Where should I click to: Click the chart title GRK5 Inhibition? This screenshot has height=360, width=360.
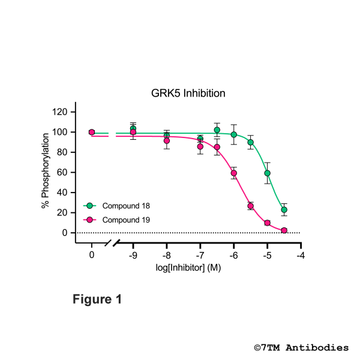(187, 94)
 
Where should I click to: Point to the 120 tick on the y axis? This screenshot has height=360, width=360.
(61, 112)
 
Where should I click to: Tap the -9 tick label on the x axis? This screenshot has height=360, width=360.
(133, 254)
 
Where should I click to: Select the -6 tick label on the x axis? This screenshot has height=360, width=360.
(233, 254)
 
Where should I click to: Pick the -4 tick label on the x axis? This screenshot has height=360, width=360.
(301, 254)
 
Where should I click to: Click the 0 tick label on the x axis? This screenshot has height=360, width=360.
(92, 254)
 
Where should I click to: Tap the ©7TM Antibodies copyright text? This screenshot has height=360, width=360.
(301, 347)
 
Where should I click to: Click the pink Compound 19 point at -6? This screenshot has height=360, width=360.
(234, 173)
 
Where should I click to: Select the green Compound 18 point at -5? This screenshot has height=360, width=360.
(268, 173)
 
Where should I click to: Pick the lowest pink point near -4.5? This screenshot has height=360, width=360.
(284, 230)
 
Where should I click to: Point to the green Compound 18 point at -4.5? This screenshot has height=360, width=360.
(284, 209)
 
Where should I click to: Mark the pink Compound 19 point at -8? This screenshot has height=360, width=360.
(167, 140)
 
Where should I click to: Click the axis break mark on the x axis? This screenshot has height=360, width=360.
(113, 243)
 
